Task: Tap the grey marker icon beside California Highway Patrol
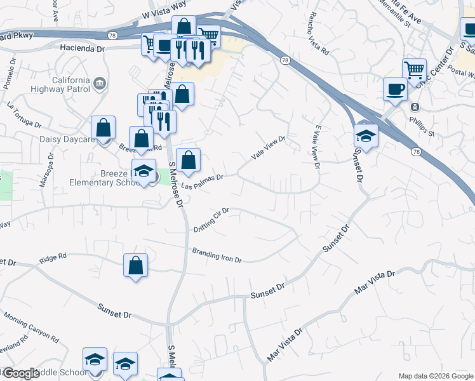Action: pos(99,83)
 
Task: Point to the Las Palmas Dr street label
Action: pos(203,181)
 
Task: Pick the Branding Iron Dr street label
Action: pos(217,255)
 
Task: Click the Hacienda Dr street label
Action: pos(82,48)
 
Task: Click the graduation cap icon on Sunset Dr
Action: pos(366,135)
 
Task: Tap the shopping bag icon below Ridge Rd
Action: pos(136,265)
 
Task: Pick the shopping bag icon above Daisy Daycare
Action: pos(103,127)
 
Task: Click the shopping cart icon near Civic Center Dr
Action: pos(414,69)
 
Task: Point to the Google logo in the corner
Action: pos(20,373)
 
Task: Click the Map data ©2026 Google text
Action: pos(436,376)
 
